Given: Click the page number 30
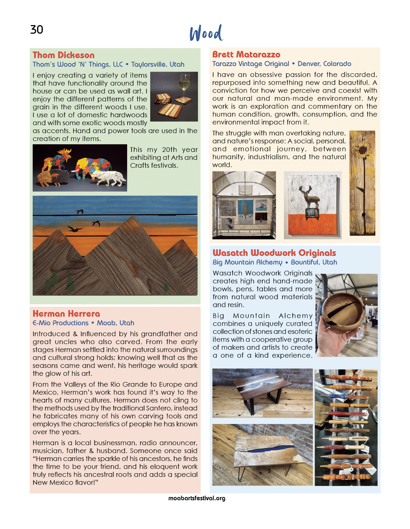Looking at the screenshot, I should pos(37,30).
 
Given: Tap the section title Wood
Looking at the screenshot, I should pos(206,33).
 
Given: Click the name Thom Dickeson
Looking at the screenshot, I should pos(63,55).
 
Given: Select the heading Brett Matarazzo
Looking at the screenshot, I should pos(246,54).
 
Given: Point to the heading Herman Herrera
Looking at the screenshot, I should pos(66,314).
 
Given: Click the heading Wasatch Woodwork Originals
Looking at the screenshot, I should pos(274,253).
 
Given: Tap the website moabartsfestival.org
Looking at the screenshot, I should pos(197,498).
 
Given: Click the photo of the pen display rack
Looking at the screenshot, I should pos(346,428).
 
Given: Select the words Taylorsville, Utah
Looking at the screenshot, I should pos(158,64).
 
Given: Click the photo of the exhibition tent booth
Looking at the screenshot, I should pos(244,205).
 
